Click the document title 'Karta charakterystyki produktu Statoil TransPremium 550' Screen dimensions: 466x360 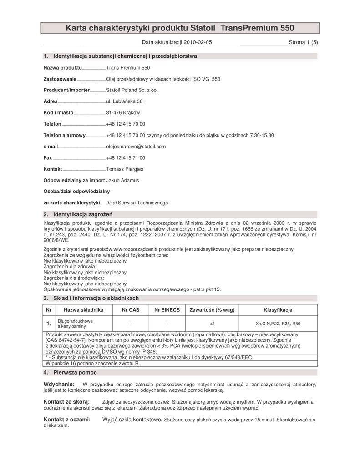pyautogui.click(x=180, y=28)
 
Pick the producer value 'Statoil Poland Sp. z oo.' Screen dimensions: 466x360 pyautogui.click(x=132, y=90)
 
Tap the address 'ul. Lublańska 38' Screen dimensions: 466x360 pyautogui.click(x=124, y=101)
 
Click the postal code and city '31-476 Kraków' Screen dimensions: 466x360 pyautogui.click(x=123, y=112)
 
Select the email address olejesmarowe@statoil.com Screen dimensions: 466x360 pyautogui.click(x=136, y=147)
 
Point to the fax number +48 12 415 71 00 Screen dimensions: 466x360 pyautogui.click(x=126, y=158)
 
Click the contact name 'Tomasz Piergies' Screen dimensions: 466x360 pyautogui.click(x=125, y=169)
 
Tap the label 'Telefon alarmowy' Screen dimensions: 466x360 pyautogui.click(x=64, y=136)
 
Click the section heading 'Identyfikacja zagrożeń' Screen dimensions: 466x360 pyautogui.click(x=83, y=214)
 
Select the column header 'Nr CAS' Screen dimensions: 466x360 pyautogui.click(x=131, y=310)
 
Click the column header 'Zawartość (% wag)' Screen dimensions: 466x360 pyautogui.click(x=212, y=310)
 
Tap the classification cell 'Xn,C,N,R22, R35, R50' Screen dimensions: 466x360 pyautogui.click(x=278, y=324)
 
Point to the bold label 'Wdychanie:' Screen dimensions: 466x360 pyautogui.click(x=59, y=385)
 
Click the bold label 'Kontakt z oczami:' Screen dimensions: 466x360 pyautogui.click(x=67, y=419)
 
